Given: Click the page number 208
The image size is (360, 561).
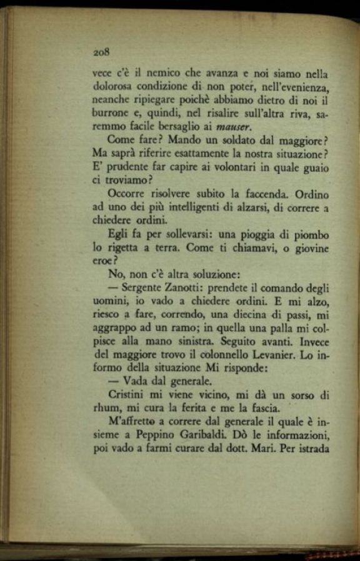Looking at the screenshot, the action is pyautogui.click(x=101, y=52).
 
